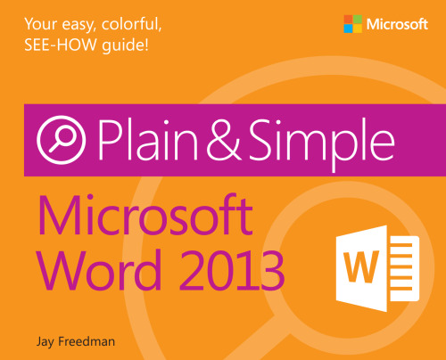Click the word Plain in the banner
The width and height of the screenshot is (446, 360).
pyautogui.click(x=154, y=143)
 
